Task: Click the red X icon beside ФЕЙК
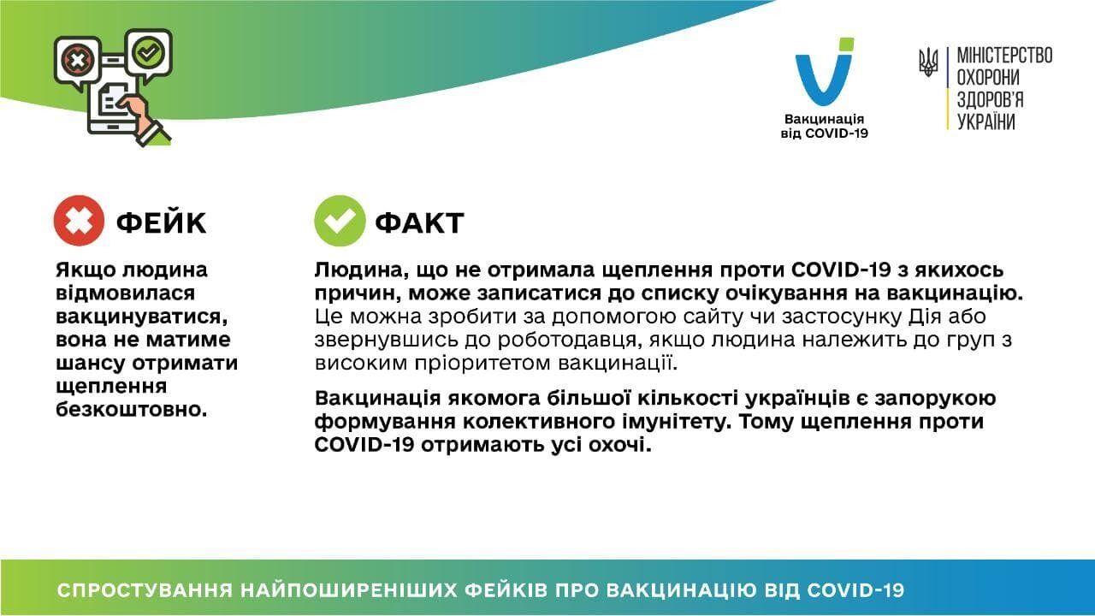pyautogui.click(x=79, y=221)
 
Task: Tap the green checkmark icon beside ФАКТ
pyautogui.click(x=339, y=221)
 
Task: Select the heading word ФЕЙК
pyautogui.click(x=161, y=222)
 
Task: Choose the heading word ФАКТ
pyautogui.click(x=419, y=222)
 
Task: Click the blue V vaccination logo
pyautogui.click(x=824, y=74)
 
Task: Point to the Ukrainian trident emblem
pyautogui.click(x=928, y=62)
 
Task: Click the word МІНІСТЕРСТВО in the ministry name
pyautogui.click(x=1003, y=56)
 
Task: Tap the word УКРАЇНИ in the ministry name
pyautogui.click(x=985, y=121)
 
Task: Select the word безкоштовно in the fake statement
pyautogui.click(x=132, y=409)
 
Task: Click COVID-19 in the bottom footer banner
pyautogui.click(x=855, y=590)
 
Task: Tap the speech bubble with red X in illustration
pyautogui.click(x=77, y=60)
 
